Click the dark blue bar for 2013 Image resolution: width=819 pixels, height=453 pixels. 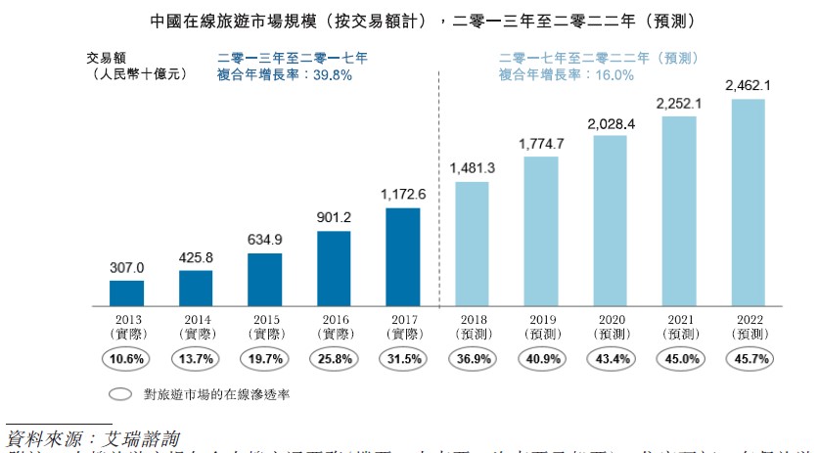(126, 293)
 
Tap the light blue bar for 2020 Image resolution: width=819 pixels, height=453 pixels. (610, 220)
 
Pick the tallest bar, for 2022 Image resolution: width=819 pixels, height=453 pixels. (749, 202)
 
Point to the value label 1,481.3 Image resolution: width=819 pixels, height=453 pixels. (473, 168)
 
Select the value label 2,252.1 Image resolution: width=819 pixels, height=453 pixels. (679, 102)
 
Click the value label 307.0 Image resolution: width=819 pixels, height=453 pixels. (126, 267)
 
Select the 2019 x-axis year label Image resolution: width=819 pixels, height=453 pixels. (541, 320)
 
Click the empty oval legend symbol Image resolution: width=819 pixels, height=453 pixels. (120, 395)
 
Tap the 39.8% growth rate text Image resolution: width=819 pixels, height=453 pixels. (331, 74)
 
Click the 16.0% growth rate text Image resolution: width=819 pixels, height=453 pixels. (614, 74)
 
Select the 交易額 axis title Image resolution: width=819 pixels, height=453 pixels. (108, 58)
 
